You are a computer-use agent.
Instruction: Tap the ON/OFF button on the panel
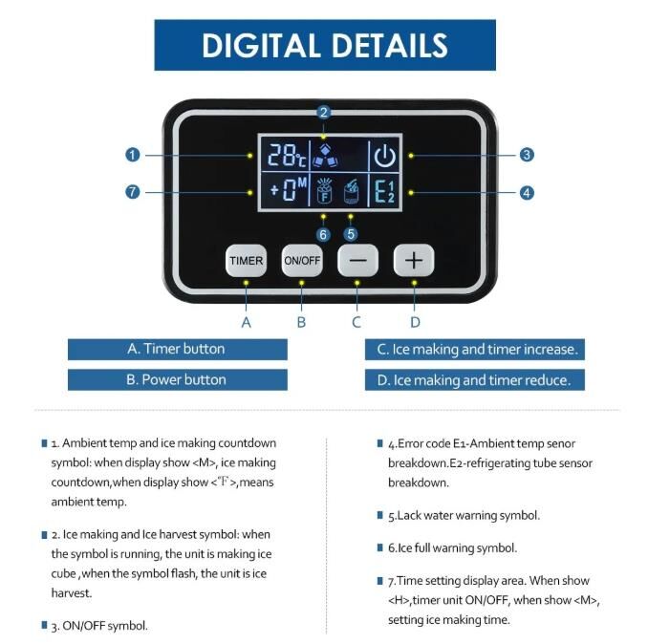click(x=302, y=260)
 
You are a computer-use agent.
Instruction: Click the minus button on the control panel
click(x=357, y=260)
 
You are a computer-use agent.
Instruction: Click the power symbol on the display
click(x=385, y=156)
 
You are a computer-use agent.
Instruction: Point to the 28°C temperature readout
click(x=288, y=156)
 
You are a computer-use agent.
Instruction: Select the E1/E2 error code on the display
click(x=385, y=191)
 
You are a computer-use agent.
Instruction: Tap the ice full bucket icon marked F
click(x=324, y=191)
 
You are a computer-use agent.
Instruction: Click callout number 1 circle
click(x=133, y=156)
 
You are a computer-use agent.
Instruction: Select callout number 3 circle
click(x=527, y=155)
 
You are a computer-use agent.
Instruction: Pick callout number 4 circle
click(x=527, y=192)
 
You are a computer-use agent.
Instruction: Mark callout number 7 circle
click(x=133, y=192)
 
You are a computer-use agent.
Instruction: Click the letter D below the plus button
click(x=415, y=322)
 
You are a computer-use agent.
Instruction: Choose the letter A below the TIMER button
click(x=246, y=322)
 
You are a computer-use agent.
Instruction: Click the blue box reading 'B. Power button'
click(x=177, y=379)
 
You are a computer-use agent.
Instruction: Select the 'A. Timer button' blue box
click(x=177, y=350)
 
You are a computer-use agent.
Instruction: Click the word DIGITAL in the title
click(x=261, y=45)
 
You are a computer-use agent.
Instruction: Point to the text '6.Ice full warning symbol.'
click(x=452, y=548)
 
